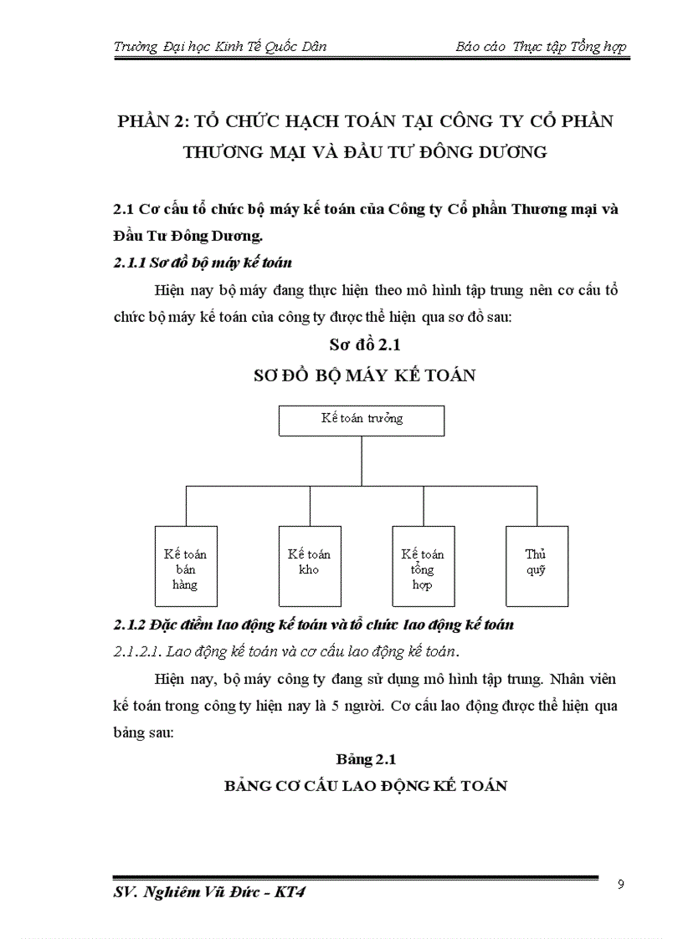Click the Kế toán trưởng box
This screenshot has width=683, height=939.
[x=362, y=420]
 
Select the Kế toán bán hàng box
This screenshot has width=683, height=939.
[x=186, y=565]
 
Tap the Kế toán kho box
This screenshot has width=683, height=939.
[x=309, y=565]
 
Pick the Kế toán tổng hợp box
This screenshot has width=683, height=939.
[x=423, y=565]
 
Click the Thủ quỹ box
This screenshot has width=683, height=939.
[x=537, y=565]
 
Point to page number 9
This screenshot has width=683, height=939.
[x=620, y=885]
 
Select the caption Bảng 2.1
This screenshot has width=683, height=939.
[x=366, y=759]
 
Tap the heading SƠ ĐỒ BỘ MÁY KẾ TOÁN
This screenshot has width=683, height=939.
[x=364, y=375]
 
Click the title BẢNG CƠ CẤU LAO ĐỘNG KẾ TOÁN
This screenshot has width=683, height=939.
[x=366, y=786]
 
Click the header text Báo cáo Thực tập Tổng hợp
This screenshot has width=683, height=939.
[x=541, y=47]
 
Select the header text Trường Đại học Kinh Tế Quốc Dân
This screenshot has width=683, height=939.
[x=219, y=47]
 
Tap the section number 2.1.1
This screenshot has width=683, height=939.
[x=128, y=263]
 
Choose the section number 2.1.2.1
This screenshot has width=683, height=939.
[x=137, y=651]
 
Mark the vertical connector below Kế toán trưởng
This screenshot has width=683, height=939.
[x=362, y=461]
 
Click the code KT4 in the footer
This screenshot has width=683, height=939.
[x=290, y=893]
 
